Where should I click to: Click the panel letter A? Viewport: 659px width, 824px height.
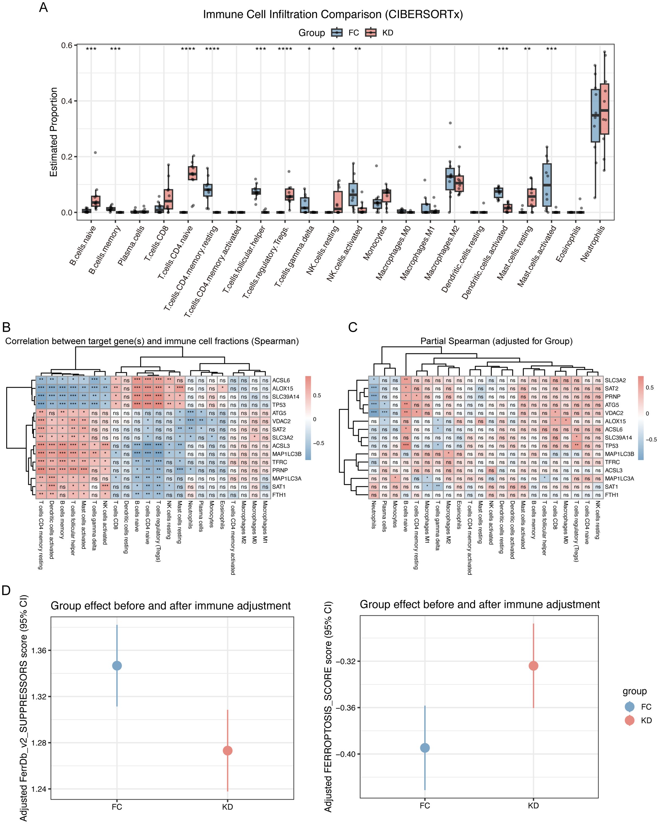[43, 7]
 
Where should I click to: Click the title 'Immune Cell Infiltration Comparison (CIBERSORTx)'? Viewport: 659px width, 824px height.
[332, 14]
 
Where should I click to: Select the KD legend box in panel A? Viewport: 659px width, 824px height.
[370, 33]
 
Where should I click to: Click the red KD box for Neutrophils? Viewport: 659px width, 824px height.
[604, 109]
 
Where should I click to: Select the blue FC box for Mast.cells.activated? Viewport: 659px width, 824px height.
[547, 185]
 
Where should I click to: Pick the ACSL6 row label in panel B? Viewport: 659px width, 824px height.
[281, 380]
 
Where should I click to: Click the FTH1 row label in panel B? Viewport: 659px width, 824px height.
[279, 495]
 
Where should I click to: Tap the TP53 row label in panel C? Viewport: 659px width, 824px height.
[611, 446]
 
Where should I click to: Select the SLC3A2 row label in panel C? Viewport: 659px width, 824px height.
[615, 380]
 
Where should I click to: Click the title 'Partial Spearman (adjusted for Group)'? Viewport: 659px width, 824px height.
[496, 341]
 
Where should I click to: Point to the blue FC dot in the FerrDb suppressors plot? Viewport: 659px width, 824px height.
[117, 665]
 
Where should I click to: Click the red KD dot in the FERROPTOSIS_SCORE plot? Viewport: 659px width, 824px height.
[533, 666]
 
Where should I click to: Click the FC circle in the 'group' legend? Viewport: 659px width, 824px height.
[630, 707]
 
